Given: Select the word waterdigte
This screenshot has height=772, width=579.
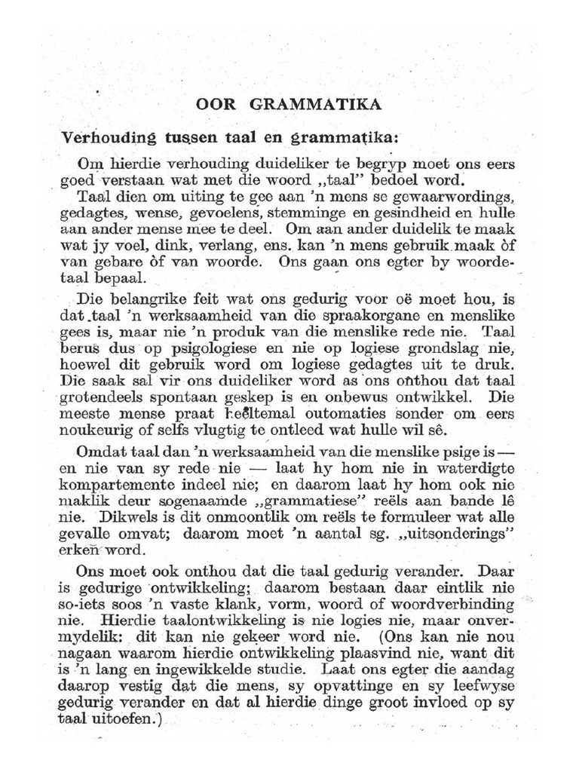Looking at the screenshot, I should coord(478,468).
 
